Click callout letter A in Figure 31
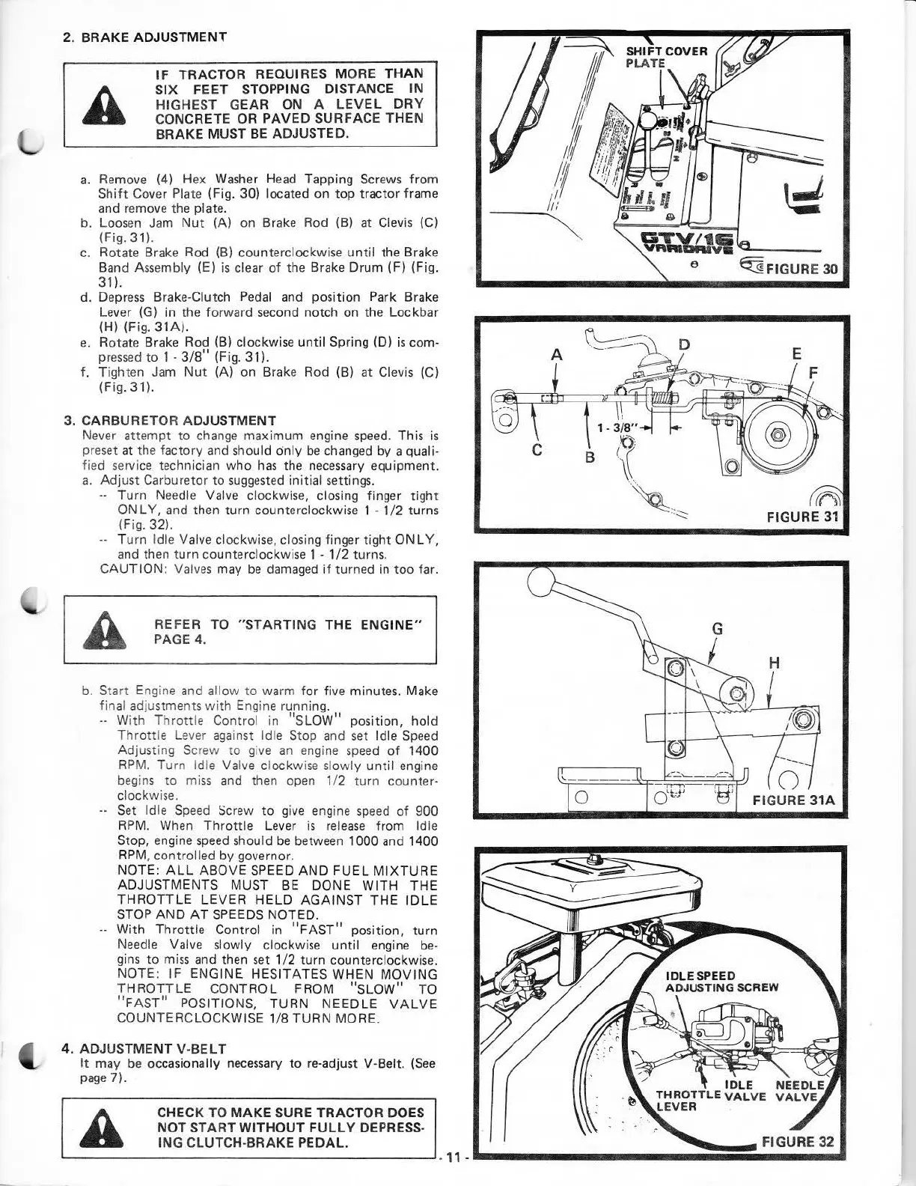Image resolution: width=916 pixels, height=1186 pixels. (556, 356)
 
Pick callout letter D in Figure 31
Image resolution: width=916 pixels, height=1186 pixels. (683, 345)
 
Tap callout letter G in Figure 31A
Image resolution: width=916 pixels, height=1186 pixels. (717, 629)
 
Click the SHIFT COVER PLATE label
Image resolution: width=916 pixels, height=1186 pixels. (666, 57)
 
